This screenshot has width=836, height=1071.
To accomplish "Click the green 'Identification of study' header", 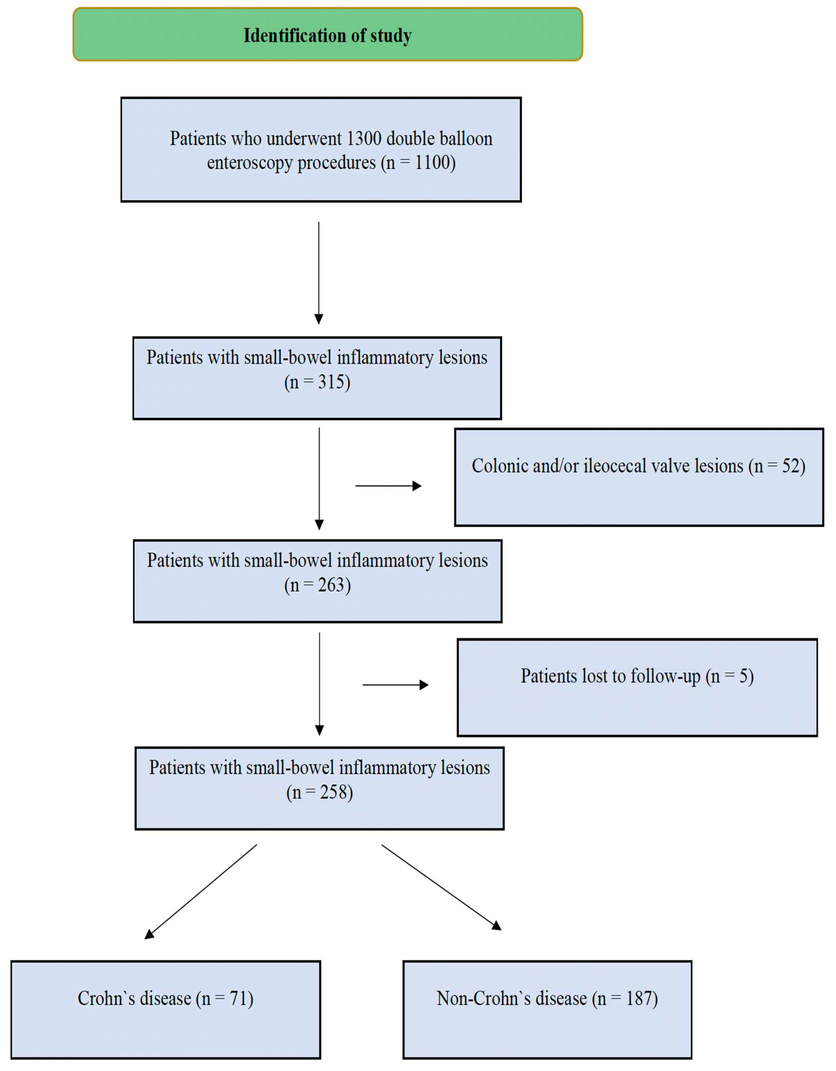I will [x=327, y=35].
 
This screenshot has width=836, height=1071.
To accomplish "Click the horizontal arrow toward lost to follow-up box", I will [x=395, y=685].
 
